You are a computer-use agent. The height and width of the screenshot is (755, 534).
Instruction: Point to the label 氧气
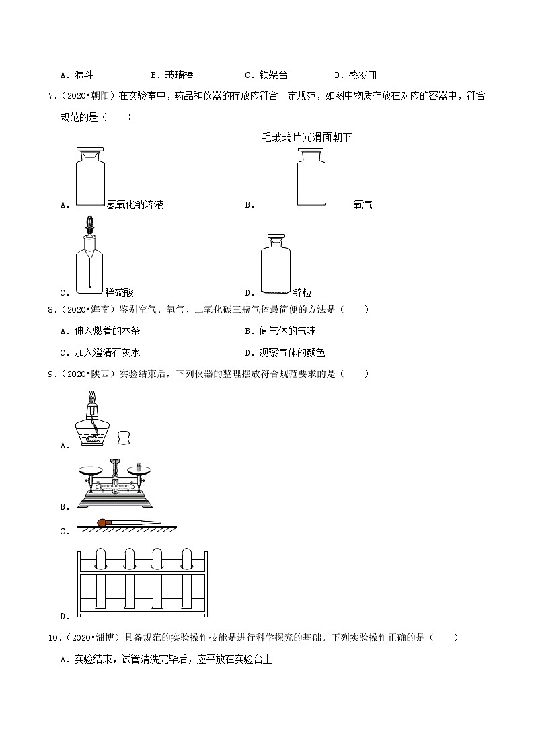click(x=363, y=204)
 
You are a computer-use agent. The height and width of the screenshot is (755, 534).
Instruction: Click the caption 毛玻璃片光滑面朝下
click(x=307, y=137)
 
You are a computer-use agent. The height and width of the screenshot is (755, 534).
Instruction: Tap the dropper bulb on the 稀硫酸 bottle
click(x=89, y=224)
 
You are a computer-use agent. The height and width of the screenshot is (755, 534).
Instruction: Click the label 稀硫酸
click(x=120, y=292)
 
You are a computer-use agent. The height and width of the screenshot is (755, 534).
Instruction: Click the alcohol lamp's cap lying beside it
click(x=123, y=437)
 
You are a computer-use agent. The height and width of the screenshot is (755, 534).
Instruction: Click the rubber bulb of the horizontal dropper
click(x=104, y=522)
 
